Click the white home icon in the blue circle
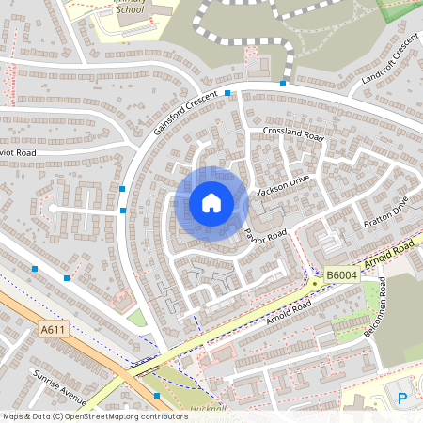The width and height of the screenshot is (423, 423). (211, 202)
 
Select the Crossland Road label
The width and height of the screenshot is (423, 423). (293, 136)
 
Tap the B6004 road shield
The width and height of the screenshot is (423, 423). (342, 275)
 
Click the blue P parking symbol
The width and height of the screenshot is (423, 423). (403, 399)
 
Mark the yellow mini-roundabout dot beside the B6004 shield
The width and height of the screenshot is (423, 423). (313, 282)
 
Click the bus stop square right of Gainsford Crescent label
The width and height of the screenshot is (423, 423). (228, 93)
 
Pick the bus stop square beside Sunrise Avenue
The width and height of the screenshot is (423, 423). (156, 395)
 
